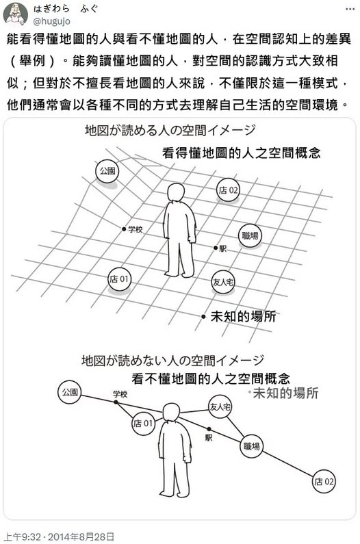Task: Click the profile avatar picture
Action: pyautogui.click(x=16, y=14)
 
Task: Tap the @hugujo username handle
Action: pyautogui.click(x=51, y=21)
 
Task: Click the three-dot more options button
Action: pyautogui.click(x=350, y=9)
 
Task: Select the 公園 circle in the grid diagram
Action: pyautogui.click(x=107, y=171)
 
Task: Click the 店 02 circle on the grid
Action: pyautogui.click(x=228, y=190)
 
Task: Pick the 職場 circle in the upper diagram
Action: pyautogui.click(x=250, y=236)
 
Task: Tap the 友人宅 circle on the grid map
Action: pyautogui.click(x=223, y=282)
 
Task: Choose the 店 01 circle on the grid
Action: pyautogui.click(x=119, y=279)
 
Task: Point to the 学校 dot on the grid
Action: pyautogui.click(x=124, y=229)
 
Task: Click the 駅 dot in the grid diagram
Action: pyautogui.click(x=216, y=248)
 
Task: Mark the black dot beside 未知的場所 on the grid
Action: pyautogui.click(x=203, y=316)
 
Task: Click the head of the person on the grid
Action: pyautogui.click(x=176, y=193)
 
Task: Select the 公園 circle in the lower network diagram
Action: pyautogui.click(x=70, y=392)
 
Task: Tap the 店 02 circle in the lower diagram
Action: pyautogui.click(x=324, y=481)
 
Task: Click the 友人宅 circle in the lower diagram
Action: pyautogui.click(x=220, y=406)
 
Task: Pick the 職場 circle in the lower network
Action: pyautogui.click(x=252, y=446)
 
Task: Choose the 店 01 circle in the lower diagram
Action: pyautogui.click(x=143, y=424)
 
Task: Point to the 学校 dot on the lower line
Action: pyautogui.click(x=116, y=402)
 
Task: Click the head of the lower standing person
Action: pyautogui.click(x=172, y=413)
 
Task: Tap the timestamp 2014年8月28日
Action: pyautogui.click(x=81, y=536)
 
